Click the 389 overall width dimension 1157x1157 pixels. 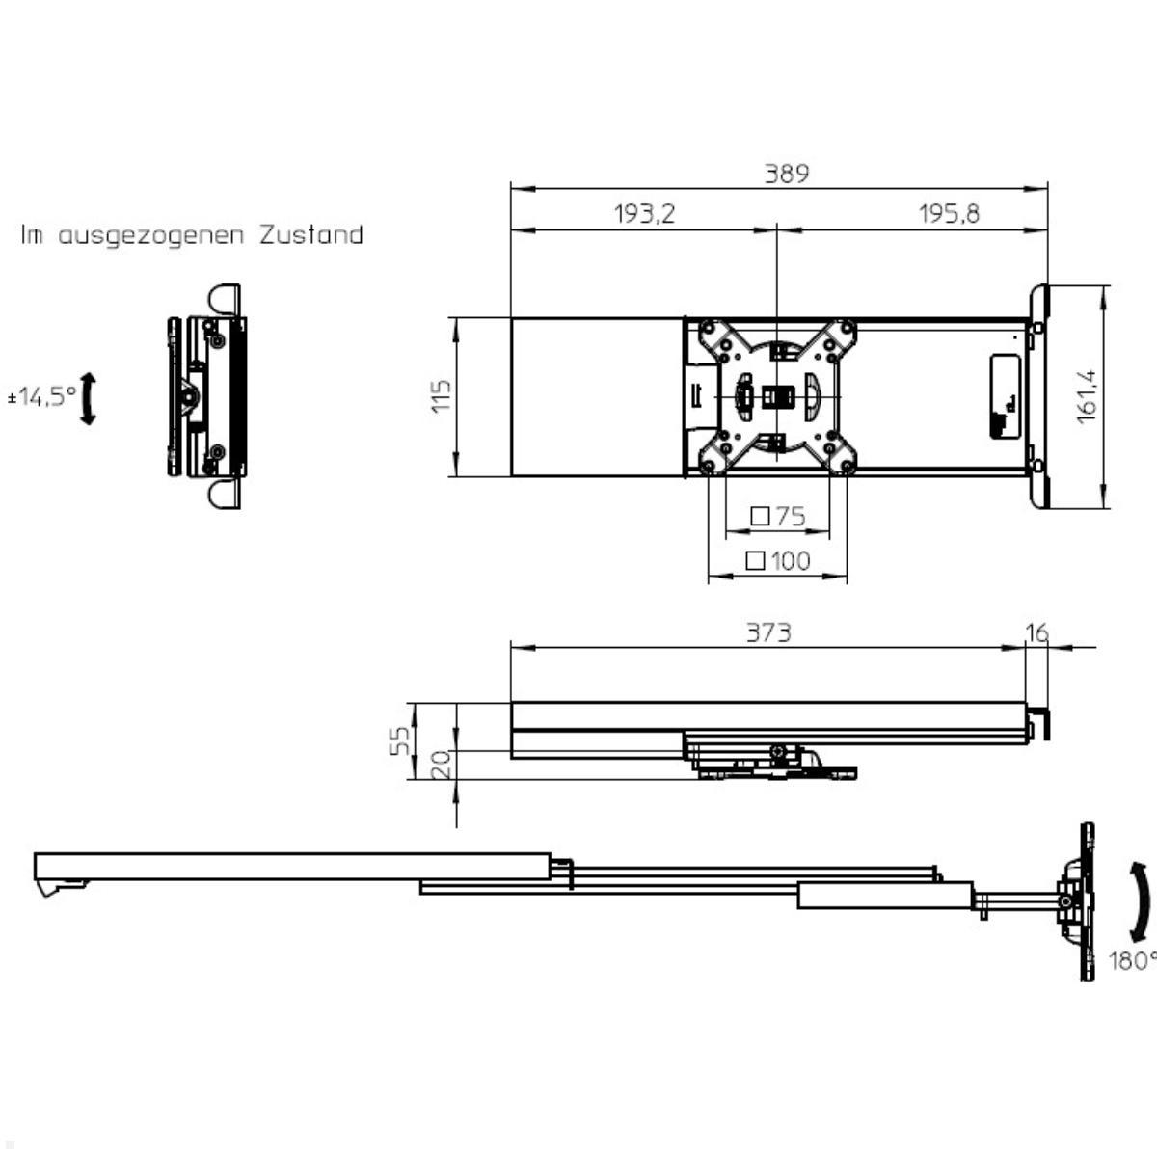(787, 174)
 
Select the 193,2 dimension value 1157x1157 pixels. (644, 214)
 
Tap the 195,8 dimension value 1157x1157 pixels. (949, 214)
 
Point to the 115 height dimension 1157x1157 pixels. (441, 396)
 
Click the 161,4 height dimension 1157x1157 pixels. (1087, 395)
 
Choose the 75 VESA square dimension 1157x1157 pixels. (778, 517)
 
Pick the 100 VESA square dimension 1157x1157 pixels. (778, 560)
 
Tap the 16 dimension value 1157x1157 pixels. (1036, 632)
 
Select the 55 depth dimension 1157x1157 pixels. (406, 740)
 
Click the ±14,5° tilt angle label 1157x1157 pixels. (41, 395)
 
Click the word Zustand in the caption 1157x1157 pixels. (310, 235)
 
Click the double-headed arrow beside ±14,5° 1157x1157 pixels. (88, 399)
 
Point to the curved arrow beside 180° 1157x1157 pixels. (1140, 902)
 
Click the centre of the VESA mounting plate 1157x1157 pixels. (775, 396)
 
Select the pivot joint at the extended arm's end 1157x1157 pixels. (1065, 901)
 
